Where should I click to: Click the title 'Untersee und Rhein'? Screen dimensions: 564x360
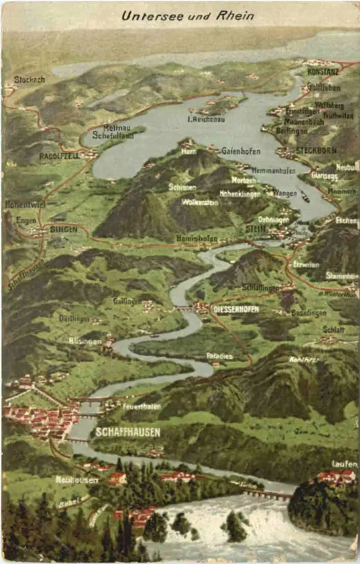click(187, 16)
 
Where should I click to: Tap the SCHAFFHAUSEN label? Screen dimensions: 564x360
click(128, 433)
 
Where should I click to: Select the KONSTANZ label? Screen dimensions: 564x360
click(323, 72)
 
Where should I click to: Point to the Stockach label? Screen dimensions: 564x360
click(29, 79)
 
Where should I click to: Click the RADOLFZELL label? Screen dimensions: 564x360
click(60, 156)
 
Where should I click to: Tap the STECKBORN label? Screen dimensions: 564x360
click(316, 151)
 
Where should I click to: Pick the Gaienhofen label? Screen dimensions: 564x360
click(241, 151)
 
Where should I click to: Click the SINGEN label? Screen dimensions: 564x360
click(64, 230)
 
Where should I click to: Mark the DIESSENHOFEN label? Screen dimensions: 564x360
click(236, 309)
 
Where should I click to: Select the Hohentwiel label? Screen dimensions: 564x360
click(25, 204)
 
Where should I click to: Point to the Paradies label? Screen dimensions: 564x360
click(219, 356)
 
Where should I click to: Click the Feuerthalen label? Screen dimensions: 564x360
click(142, 406)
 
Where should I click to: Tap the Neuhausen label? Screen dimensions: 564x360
click(77, 480)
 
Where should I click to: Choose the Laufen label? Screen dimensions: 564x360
click(345, 464)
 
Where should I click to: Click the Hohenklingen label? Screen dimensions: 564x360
click(240, 193)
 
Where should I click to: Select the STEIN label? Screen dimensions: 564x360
click(256, 229)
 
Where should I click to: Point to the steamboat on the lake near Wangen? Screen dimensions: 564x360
click(305, 196)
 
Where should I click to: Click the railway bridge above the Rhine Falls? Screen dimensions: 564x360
click(268, 494)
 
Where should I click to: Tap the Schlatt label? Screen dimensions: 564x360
click(334, 329)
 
